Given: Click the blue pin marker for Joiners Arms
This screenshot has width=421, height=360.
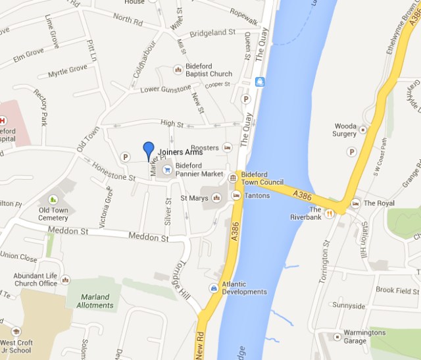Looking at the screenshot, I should click(149, 149).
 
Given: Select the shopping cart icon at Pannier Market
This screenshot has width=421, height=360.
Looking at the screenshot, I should click(166, 169).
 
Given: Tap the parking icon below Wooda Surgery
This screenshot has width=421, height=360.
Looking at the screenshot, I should click(351, 152).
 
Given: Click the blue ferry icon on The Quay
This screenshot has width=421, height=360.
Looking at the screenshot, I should click(260, 82).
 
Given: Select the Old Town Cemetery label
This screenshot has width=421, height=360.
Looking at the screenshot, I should click(53, 214).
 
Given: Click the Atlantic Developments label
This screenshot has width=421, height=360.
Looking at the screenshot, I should click(244, 288).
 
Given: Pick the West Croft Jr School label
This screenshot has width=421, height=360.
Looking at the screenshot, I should click(24, 347).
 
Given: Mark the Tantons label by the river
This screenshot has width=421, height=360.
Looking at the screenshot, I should click(257, 195).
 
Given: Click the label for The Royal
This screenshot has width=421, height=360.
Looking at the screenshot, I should click(380, 203).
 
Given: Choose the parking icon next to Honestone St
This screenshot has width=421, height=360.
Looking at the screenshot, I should click(125, 156).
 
